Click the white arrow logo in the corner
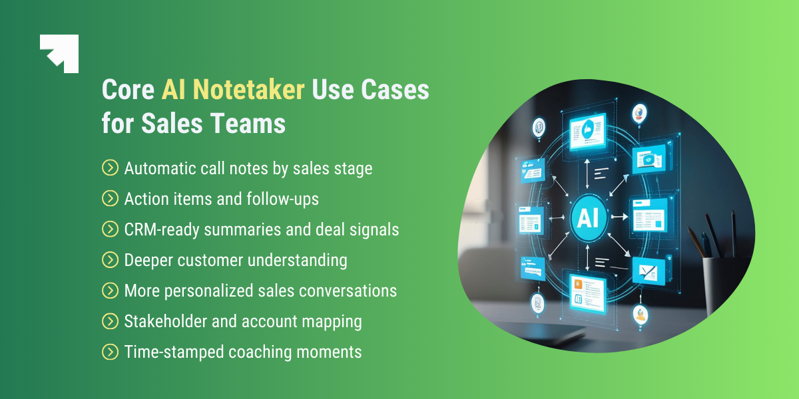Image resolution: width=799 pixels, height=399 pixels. coord(60,53)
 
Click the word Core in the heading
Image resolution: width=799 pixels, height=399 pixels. coord(128,90)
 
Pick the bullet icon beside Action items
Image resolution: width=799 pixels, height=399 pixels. coord(110,199)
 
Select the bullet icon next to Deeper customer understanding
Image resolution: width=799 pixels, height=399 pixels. coord(110,260)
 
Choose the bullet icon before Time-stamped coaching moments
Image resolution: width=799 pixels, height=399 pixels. coord(110,352)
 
